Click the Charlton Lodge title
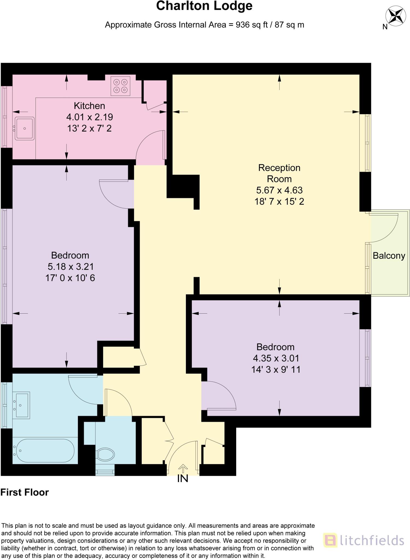pos(204,6)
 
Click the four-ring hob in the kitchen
pos(120,86)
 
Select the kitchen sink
pos(25,129)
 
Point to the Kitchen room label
pos(89,106)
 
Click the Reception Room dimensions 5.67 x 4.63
pos(279,190)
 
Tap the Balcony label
pos(389,256)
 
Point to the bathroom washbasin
pos(22,405)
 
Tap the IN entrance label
pos(183,479)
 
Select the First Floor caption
pos(25,492)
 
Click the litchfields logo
pos(364,540)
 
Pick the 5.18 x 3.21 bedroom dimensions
pos(71,266)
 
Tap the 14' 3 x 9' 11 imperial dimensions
pos(276,369)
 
